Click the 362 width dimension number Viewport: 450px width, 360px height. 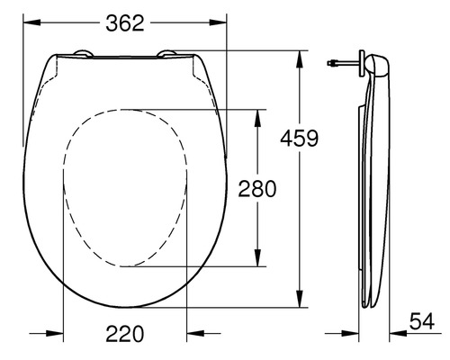click(x=125, y=23)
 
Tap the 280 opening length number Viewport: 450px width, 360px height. click(x=256, y=187)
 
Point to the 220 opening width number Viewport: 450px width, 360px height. click(x=125, y=334)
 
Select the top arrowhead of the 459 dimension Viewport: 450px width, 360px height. click(x=299, y=54)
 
